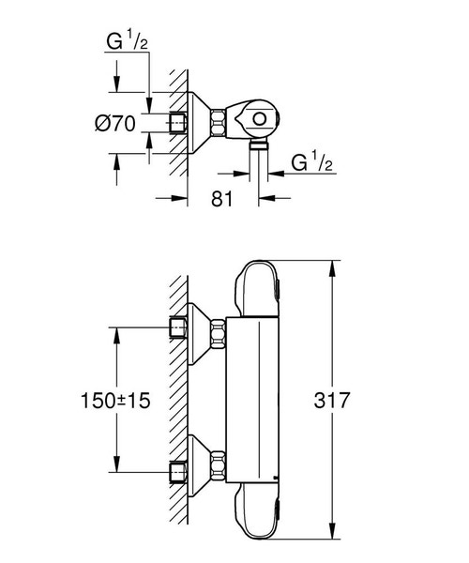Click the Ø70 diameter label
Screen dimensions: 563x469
tap(128, 122)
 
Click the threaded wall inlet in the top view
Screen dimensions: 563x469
tap(177, 121)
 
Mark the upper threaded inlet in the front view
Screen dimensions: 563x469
tap(177, 330)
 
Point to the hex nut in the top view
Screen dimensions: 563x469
tap(218, 121)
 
